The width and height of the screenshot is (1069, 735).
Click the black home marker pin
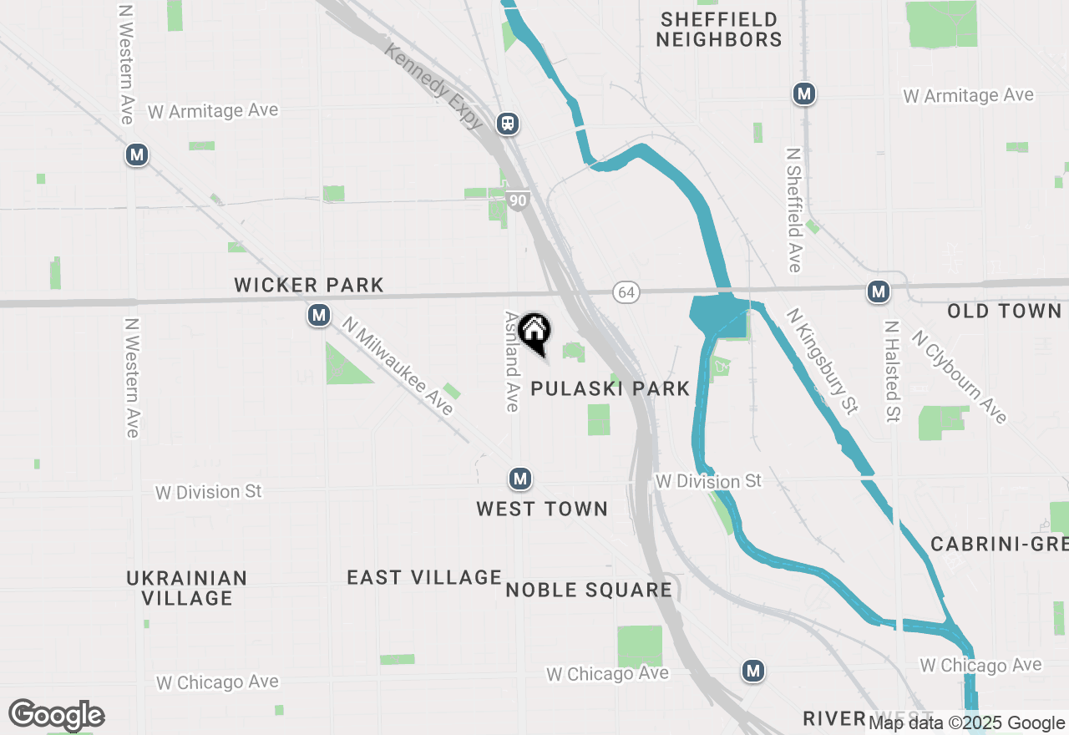[534, 332]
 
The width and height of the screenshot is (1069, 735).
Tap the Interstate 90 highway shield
[518, 200]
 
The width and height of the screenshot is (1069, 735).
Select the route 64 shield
[626, 292]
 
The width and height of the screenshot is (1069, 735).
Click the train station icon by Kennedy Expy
[508, 124]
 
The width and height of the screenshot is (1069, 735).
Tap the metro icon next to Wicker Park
[318, 315]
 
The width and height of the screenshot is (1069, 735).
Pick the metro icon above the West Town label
[520, 479]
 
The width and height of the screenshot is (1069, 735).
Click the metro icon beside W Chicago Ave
[754, 670]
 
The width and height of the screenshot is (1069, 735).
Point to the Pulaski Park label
[610, 388]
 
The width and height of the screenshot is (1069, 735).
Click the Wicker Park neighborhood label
[309, 285]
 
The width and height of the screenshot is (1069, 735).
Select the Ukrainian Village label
[187, 588]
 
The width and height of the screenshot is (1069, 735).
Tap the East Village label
[424, 577]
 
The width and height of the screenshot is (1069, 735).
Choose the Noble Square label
[589, 590]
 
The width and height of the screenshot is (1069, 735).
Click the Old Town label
[1004, 312]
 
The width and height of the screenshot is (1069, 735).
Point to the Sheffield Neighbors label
[718, 29]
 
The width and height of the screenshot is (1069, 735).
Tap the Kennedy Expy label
[434, 86]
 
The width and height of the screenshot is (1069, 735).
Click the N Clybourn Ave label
[959, 377]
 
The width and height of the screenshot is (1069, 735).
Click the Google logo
[57, 715]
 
